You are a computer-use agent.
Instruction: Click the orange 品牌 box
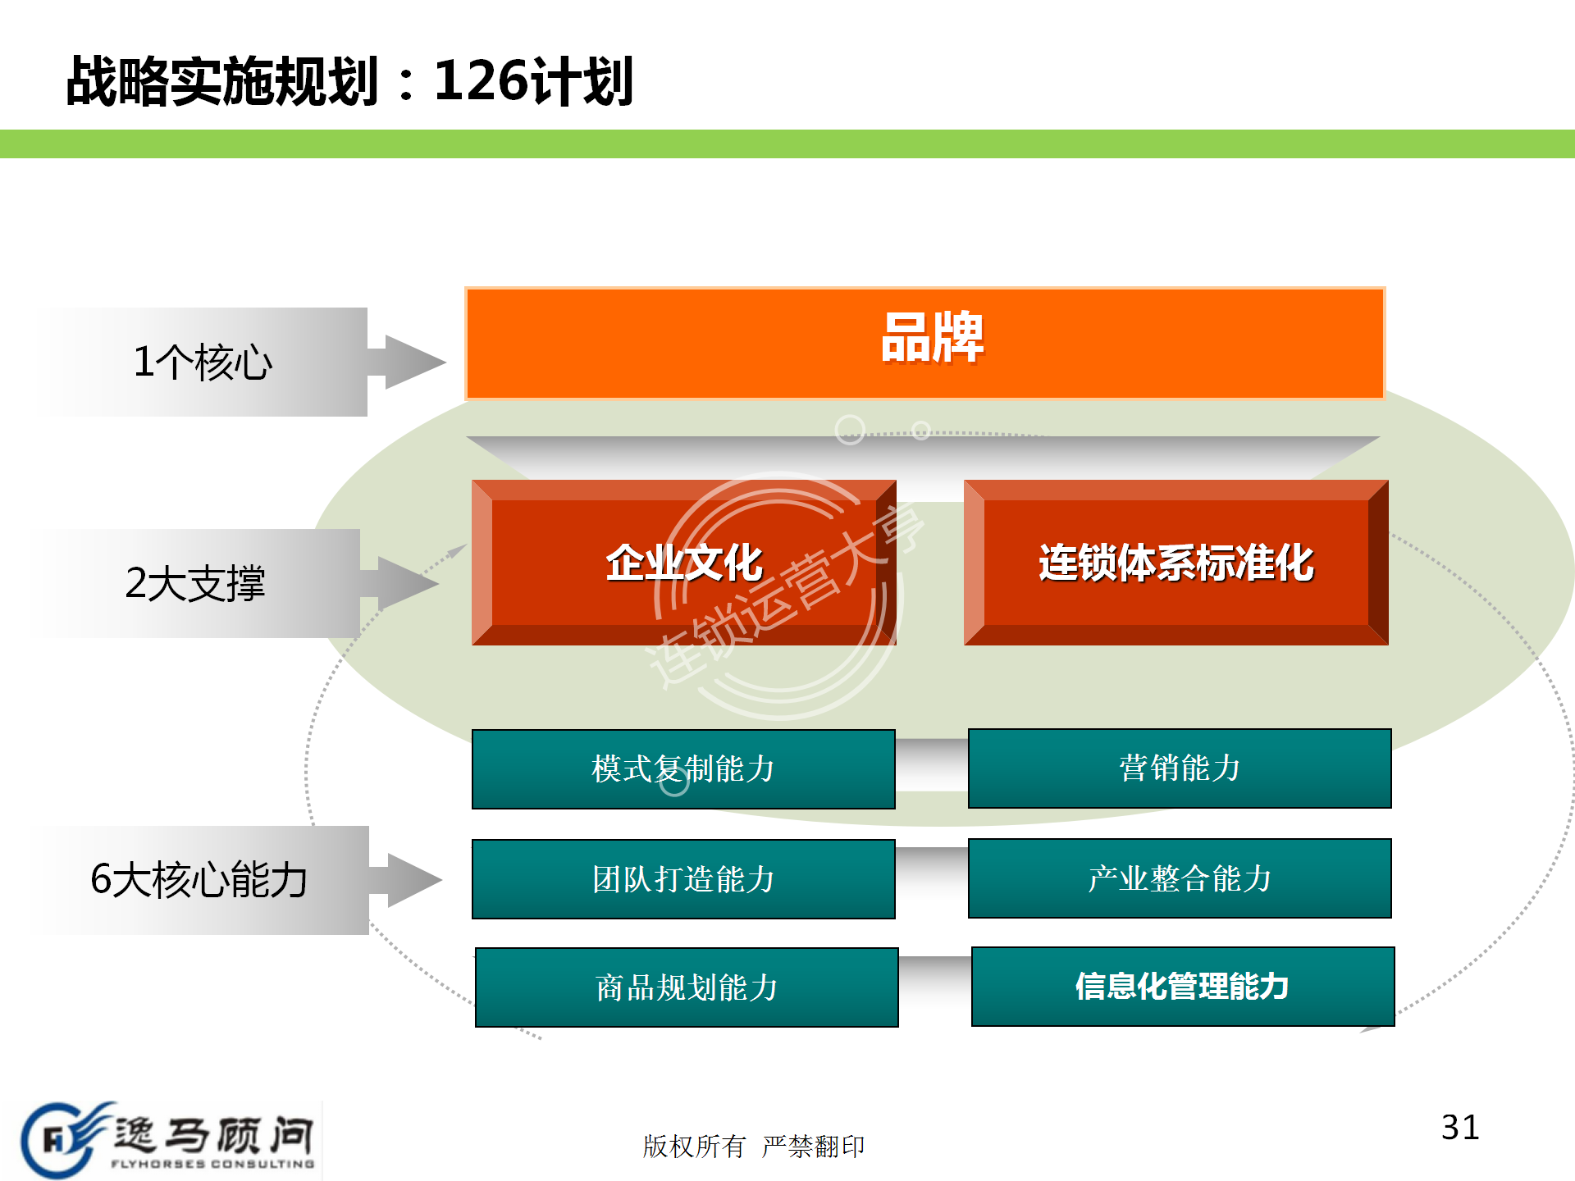(924, 343)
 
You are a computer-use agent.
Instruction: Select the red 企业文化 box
(683, 563)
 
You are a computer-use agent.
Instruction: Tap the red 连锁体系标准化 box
(1176, 563)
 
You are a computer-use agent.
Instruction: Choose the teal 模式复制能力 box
(683, 768)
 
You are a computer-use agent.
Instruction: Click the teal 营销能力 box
(1180, 768)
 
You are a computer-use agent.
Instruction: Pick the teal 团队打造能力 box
(683, 878)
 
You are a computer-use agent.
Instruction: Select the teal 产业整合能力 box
(1180, 878)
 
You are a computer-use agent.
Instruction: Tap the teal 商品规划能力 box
(687, 987)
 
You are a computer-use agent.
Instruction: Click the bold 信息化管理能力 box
(1182, 987)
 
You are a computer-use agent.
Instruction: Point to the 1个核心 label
(203, 363)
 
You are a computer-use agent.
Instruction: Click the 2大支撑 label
(195, 584)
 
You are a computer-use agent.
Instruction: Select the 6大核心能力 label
(199, 880)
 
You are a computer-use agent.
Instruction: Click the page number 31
(1460, 1128)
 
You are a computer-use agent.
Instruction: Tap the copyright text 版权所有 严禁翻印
(753, 1146)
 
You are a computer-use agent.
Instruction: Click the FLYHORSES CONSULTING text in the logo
(212, 1164)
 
